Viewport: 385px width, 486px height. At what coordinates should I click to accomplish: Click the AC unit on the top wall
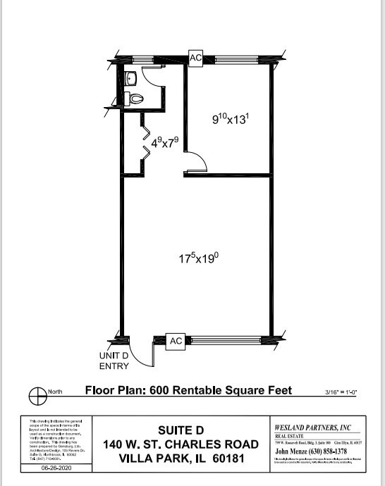click(x=195, y=57)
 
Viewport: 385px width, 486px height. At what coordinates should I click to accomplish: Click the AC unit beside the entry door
click(x=176, y=341)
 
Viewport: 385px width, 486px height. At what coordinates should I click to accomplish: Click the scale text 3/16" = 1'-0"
click(x=339, y=392)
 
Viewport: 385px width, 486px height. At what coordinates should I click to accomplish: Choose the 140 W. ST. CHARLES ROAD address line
click(x=180, y=444)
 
